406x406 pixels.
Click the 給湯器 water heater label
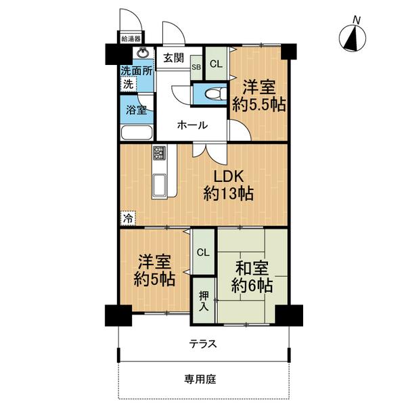point(131,39)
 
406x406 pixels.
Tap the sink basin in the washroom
point(143,53)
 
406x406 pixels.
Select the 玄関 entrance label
point(173,58)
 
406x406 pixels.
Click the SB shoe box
point(196,67)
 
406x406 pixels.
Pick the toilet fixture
point(215,94)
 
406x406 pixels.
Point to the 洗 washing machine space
point(128,85)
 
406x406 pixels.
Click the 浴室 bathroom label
point(137,110)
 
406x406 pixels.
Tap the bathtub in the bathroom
point(137,133)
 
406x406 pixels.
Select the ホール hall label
point(193,125)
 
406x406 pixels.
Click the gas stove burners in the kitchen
point(159,153)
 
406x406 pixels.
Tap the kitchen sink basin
point(160,185)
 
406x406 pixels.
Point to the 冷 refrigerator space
point(128,219)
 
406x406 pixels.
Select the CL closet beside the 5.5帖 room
point(217,64)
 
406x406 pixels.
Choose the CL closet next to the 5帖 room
point(203,252)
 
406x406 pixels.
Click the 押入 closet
point(204,300)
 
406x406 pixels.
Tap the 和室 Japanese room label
point(252,268)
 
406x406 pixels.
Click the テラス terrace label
point(203,344)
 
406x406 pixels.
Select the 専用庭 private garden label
point(200,380)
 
